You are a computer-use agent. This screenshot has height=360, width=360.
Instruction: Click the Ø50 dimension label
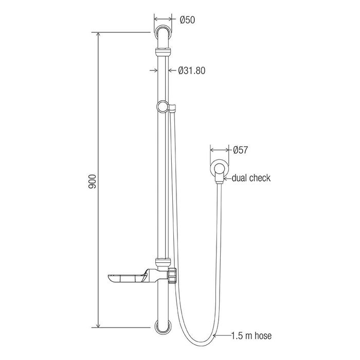[x=187, y=20]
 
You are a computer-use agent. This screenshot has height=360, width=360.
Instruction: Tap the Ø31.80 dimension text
[x=191, y=70]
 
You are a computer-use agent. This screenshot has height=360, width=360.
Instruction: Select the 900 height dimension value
[x=92, y=182]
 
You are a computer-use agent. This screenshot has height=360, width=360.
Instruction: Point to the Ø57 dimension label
[x=240, y=150]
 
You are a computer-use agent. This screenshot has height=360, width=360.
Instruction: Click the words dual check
[x=251, y=178]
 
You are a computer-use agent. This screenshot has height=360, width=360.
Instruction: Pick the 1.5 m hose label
[x=251, y=336]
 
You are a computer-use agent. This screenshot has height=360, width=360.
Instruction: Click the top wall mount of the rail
[x=163, y=32]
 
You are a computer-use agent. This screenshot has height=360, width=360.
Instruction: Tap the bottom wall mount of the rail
[x=163, y=328]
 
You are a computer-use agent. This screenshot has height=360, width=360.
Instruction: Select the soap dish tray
[x=127, y=278]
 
